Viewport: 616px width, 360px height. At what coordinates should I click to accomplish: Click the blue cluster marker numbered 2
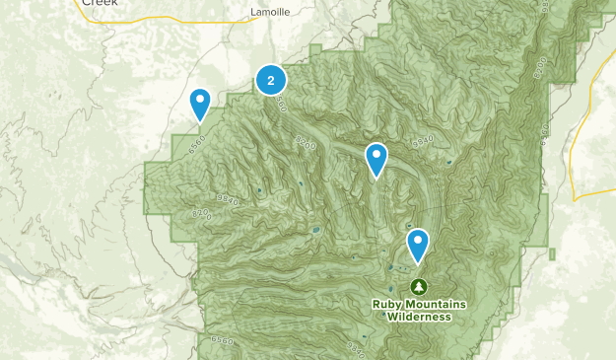pos(271,80)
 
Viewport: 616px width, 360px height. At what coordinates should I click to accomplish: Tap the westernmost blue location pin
pos(200,102)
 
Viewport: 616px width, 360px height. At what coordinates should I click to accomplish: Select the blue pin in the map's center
pos(376,158)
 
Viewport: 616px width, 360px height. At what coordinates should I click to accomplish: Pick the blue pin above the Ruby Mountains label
pos(418,244)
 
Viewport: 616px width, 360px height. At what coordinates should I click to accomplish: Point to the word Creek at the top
pos(99,4)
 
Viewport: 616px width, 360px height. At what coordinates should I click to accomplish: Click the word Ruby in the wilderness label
pos(388,304)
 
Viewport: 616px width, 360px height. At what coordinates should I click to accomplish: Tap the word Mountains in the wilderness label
pos(436,304)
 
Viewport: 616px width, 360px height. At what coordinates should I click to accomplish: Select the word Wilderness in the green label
pos(419,317)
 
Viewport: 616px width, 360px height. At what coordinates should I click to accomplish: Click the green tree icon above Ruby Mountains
pos(419,286)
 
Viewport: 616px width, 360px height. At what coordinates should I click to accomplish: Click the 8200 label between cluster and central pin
pos(306,144)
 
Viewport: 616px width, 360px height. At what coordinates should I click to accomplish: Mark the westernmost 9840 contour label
pos(228,201)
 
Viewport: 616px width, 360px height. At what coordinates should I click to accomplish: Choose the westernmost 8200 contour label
pos(202,215)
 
